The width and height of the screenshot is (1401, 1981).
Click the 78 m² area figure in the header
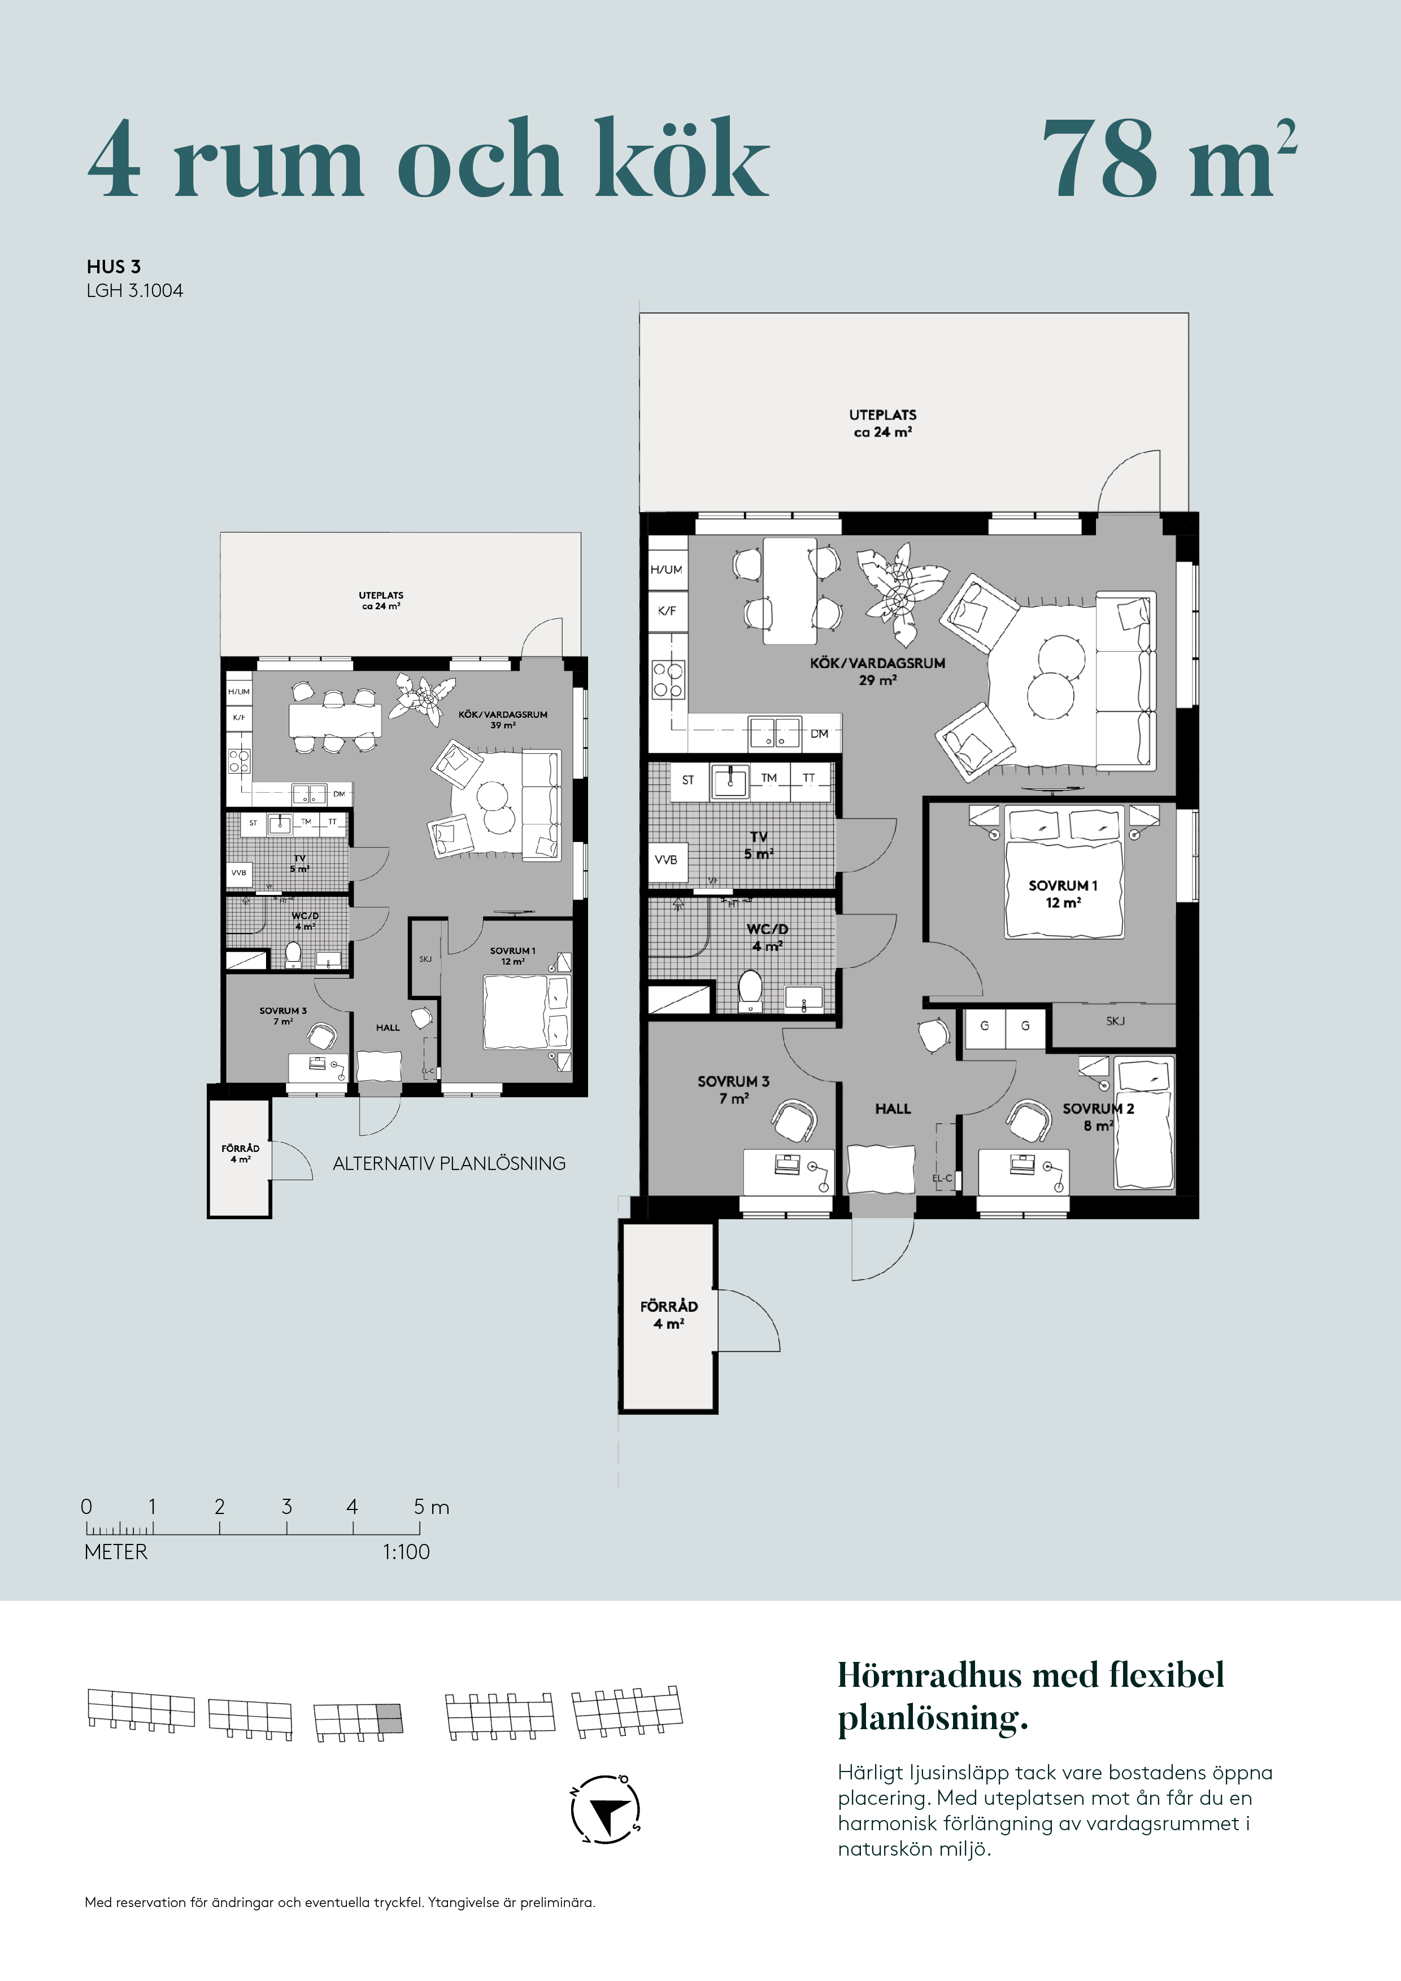[x=1169, y=159]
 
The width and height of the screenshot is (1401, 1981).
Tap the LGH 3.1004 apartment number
[x=134, y=291]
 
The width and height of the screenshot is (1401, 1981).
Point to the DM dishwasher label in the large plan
[x=819, y=734]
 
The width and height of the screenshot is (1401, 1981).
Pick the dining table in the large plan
[x=790, y=591]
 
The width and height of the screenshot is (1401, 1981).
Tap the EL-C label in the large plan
[x=942, y=1179]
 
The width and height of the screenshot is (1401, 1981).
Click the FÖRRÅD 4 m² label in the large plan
[x=669, y=1315]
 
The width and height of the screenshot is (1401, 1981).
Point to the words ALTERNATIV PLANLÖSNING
[x=449, y=1164]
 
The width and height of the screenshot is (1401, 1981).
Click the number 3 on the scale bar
[x=286, y=1507]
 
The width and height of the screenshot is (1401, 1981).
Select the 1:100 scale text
[x=406, y=1551]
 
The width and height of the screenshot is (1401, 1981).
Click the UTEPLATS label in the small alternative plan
[x=381, y=595]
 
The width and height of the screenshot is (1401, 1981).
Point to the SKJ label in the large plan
[x=1115, y=1020]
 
